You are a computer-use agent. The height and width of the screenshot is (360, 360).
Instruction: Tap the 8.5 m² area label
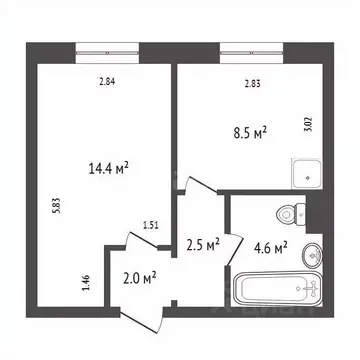click(250, 133)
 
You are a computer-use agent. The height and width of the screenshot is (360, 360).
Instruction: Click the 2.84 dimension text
click(107, 83)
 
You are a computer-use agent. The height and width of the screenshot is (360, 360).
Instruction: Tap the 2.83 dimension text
click(255, 83)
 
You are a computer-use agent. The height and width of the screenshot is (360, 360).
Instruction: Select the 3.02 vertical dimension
click(307, 126)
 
